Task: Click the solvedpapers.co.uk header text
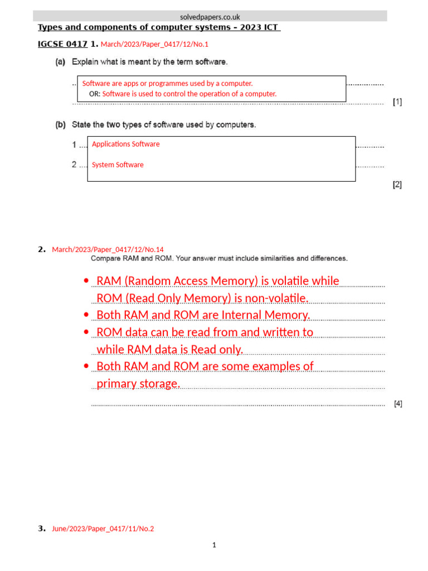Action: point(210,17)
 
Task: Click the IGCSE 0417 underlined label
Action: point(62,43)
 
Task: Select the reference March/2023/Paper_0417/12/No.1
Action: point(154,44)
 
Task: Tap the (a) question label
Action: point(60,62)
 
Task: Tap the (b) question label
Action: point(60,125)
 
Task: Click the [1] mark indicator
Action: point(397,101)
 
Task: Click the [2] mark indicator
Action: point(397,185)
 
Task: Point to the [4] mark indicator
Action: point(398,404)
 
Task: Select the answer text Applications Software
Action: point(125,144)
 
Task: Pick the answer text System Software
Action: point(118,164)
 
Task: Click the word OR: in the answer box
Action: point(95,94)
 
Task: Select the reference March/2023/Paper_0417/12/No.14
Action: point(108,249)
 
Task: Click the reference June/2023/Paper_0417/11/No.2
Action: point(103,529)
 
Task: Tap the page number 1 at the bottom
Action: point(213,545)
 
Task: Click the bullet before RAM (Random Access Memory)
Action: point(85,281)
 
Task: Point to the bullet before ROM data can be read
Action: point(85,332)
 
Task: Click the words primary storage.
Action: point(138,384)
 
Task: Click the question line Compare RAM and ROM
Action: point(219,258)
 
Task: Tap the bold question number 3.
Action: point(41,529)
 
